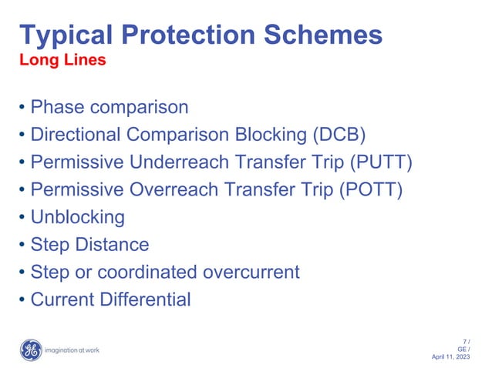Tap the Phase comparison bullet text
pos(109,107)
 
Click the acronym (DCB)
pos(339,135)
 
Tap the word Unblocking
pos(77,217)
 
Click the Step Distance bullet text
pos(89,245)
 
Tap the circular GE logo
pos(31,350)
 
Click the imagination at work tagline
pos(72,351)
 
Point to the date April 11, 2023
pos(452,357)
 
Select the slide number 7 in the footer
pos(465,341)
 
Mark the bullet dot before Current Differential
pos(23,300)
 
